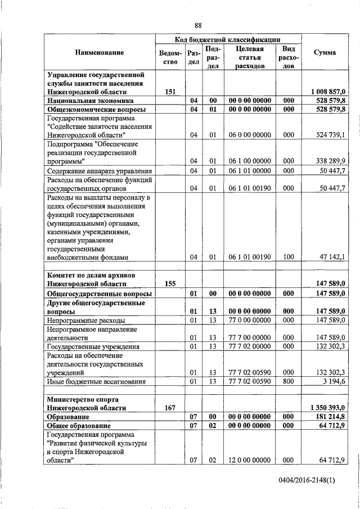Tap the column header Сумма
point(325,52)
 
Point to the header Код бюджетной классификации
point(228,39)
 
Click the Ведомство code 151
point(170,91)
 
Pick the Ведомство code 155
point(170,285)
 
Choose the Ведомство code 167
point(170,408)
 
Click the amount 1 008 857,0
point(327,91)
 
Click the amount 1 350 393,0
point(327,408)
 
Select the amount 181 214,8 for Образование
point(331,417)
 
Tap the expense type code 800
point(289,382)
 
